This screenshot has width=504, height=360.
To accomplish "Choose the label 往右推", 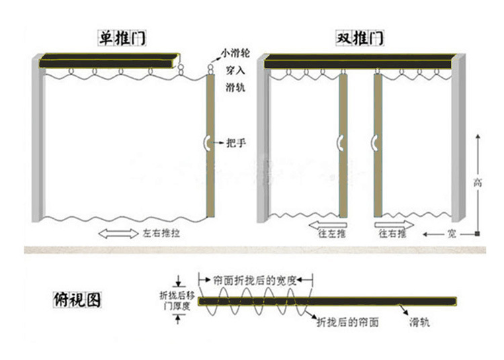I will [x=392, y=234].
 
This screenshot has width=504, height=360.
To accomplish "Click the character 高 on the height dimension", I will [x=478, y=182].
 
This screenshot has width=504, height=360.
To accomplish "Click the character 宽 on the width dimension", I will [x=454, y=234].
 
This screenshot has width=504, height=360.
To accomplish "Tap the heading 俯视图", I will [x=77, y=300].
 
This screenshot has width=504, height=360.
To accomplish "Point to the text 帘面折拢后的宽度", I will [x=253, y=279].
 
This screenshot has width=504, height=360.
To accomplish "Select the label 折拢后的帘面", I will [x=347, y=322].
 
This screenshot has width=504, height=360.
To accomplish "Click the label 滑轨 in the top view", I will [x=420, y=322].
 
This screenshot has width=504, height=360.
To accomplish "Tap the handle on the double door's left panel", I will [x=342, y=142].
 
